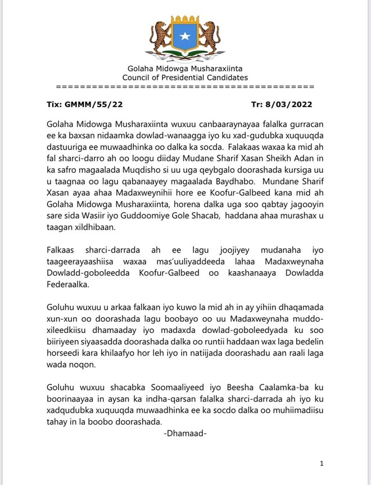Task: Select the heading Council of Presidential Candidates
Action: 185,78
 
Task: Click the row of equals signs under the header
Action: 185,87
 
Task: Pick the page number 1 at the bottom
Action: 321,464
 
